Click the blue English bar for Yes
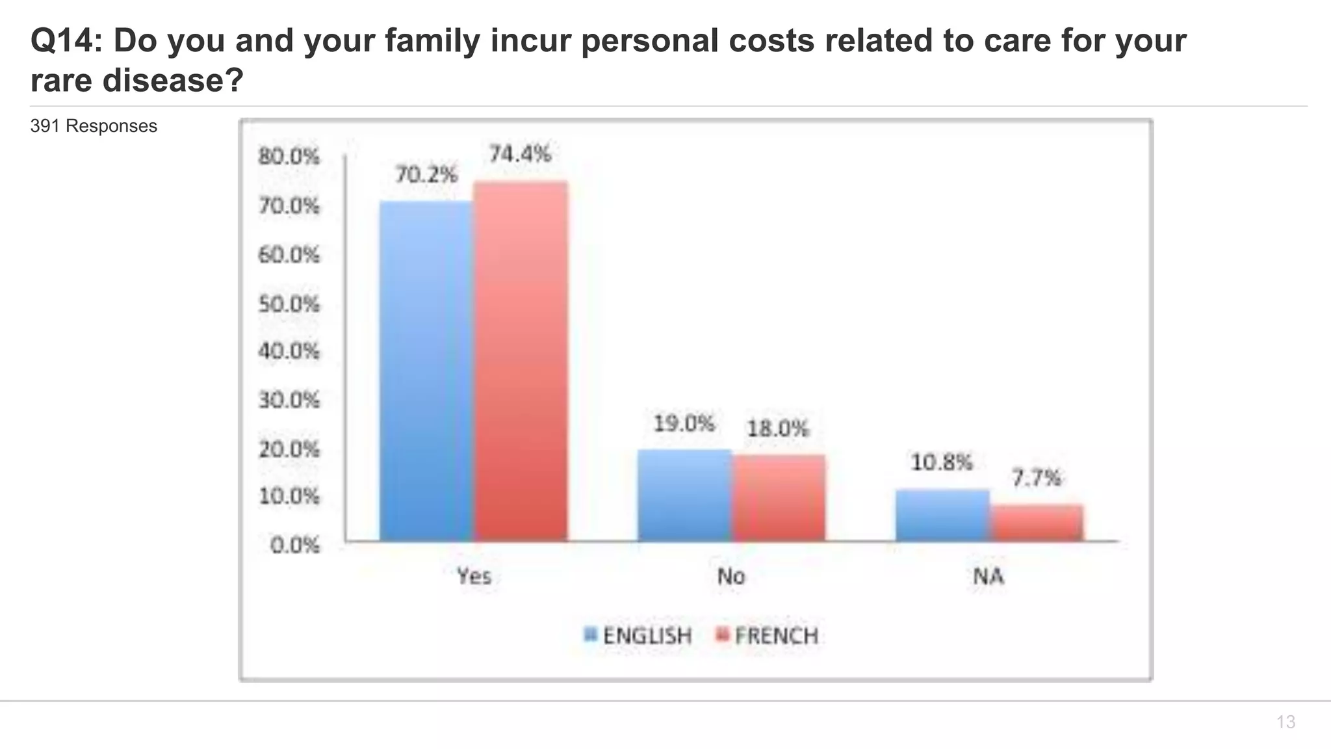426,371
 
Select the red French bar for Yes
521,361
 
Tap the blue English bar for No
684,495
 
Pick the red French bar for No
779,497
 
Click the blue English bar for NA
942,515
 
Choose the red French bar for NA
1037,522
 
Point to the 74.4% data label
520,154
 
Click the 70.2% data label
426,174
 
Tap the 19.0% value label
684,424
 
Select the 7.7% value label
1036,479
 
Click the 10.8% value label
942,462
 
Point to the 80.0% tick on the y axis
289,157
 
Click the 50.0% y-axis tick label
289,304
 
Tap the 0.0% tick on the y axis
295,545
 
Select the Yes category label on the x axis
473,576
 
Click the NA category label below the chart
988,576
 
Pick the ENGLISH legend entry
638,635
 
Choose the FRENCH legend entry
768,635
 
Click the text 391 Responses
94,126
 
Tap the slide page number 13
1286,722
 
